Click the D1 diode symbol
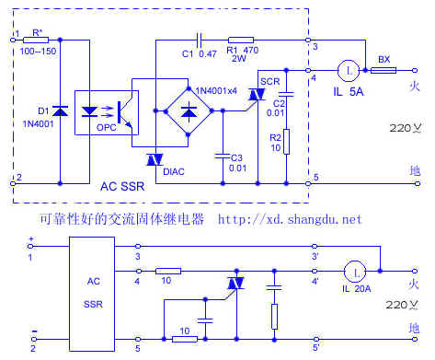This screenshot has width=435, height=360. point(61,110)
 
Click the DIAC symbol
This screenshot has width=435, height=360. point(154,160)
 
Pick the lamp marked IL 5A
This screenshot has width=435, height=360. point(349,68)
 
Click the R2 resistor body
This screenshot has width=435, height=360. point(287,141)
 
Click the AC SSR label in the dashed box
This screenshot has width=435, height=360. point(121,186)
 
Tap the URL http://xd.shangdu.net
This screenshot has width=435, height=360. point(290,220)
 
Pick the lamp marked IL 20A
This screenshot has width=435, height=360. point(352,272)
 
